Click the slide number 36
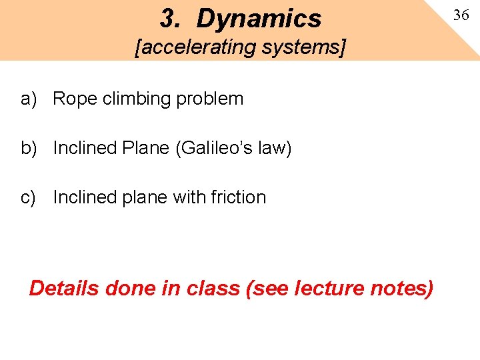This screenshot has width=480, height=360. click(x=461, y=15)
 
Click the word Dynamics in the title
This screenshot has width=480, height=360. click(x=259, y=19)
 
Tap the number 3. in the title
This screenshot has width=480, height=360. click(x=171, y=19)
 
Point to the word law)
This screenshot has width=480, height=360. click(x=276, y=148)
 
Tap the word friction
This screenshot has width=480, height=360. click(x=238, y=197)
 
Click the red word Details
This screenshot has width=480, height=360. click(x=65, y=289)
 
